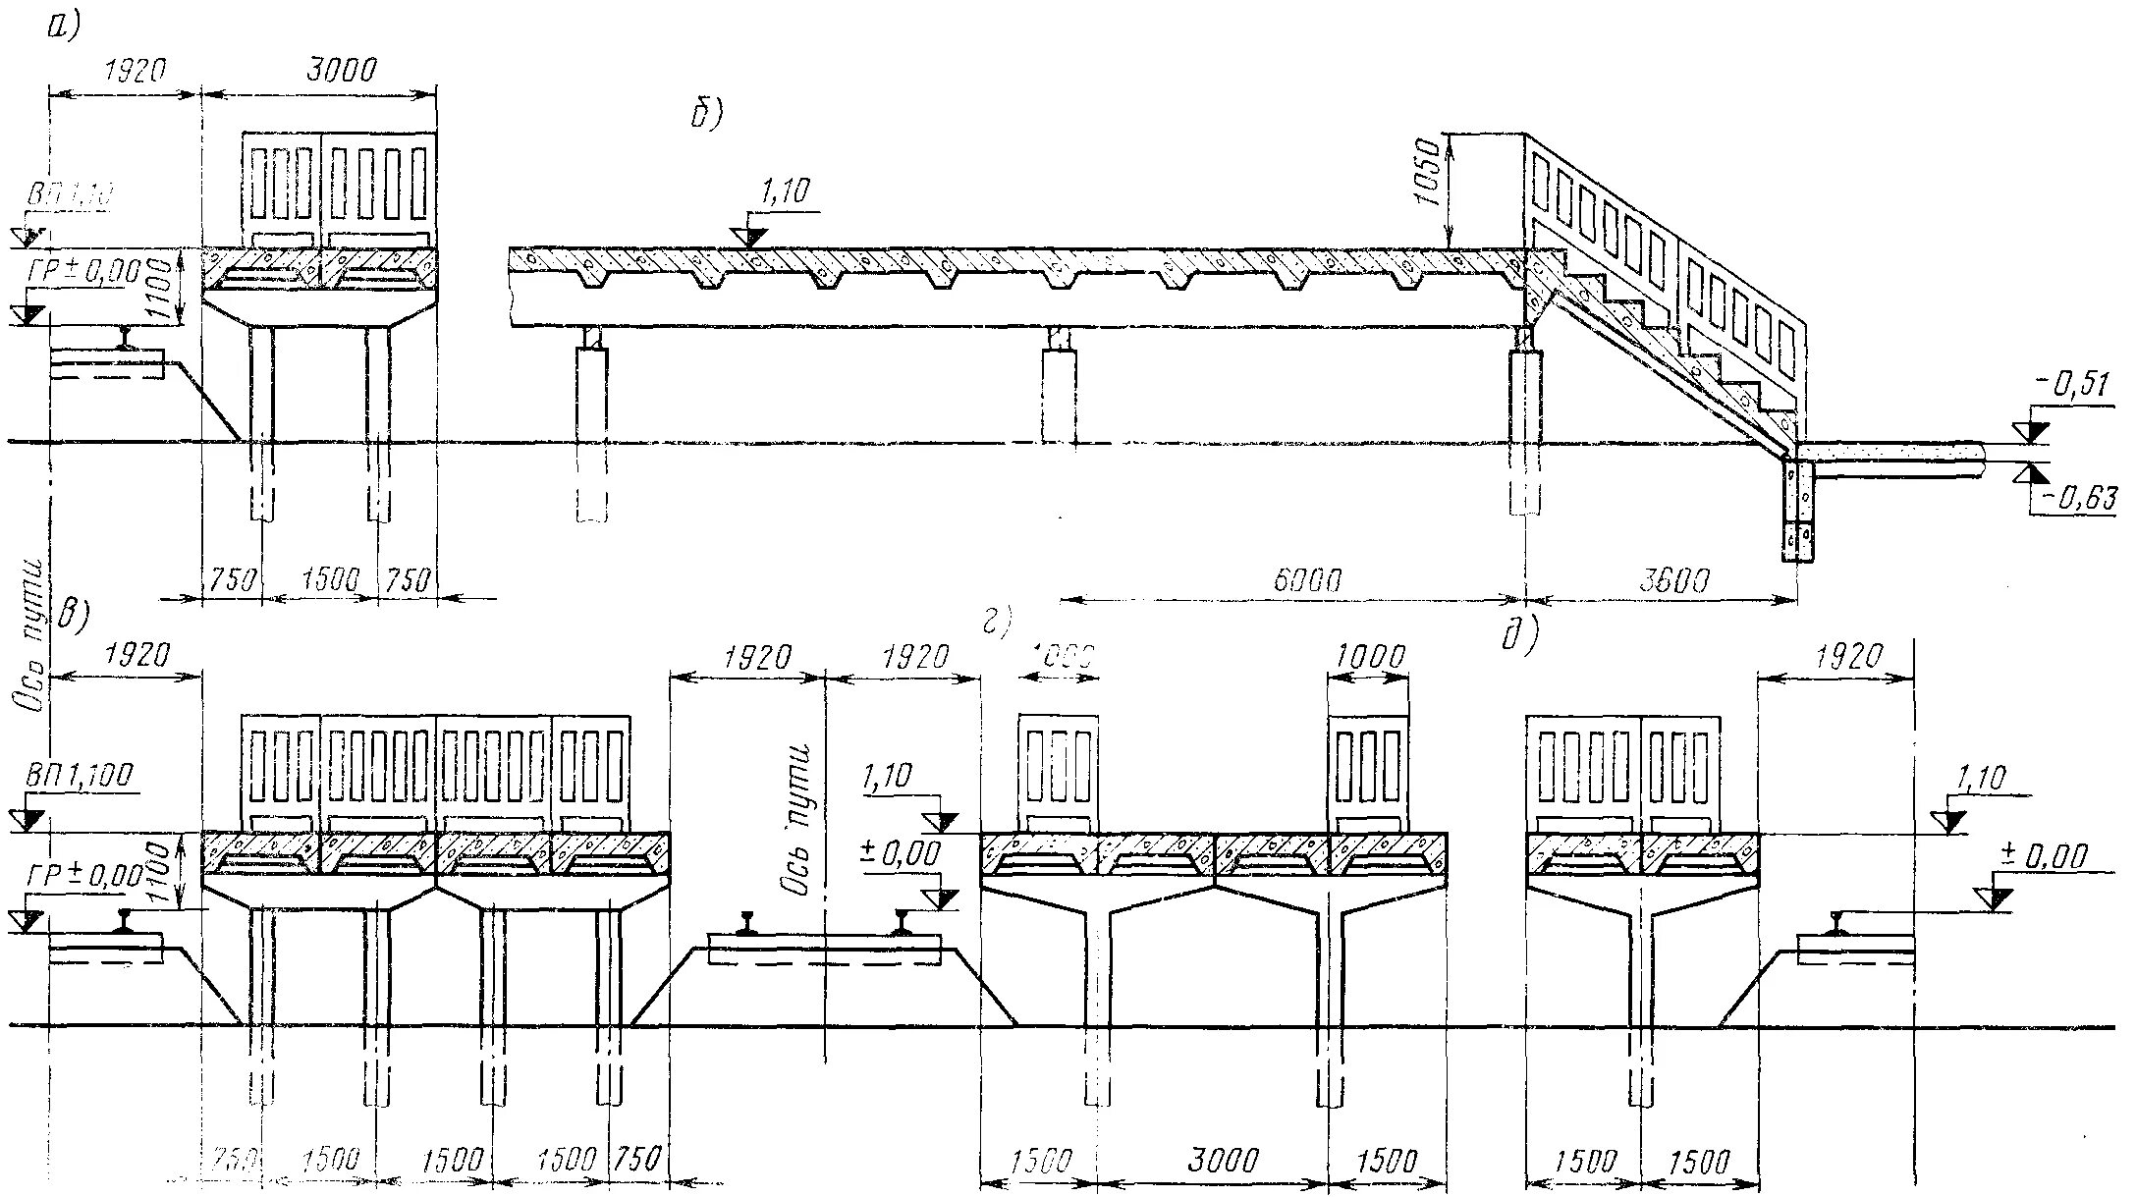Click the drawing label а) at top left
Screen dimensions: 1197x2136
[62, 27]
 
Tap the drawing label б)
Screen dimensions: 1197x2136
[705, 116]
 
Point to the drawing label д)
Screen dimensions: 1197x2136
[1518, 636]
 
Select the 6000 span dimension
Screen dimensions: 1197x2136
[1307, 580]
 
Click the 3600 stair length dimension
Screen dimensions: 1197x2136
[1673, 580]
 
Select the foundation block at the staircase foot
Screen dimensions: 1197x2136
[1799, 511]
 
